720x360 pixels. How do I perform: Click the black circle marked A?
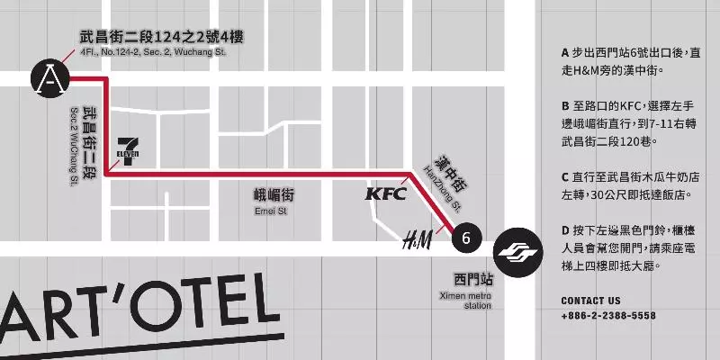pos(51,80)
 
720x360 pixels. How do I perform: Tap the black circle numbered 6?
pos(464,238)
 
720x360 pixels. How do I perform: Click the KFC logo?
pos(385,193)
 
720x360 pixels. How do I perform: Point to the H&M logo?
pos(417,239)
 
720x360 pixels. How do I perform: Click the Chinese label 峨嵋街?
pos(274,195)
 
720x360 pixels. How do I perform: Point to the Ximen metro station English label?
pos(466,301)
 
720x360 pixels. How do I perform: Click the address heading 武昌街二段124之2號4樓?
pos(162,37)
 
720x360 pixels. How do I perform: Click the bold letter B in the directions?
pos(565,105)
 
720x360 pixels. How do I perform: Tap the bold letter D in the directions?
pos(565,229)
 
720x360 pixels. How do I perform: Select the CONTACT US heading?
pos(590,301)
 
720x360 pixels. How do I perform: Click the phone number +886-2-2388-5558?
pos(607,316)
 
